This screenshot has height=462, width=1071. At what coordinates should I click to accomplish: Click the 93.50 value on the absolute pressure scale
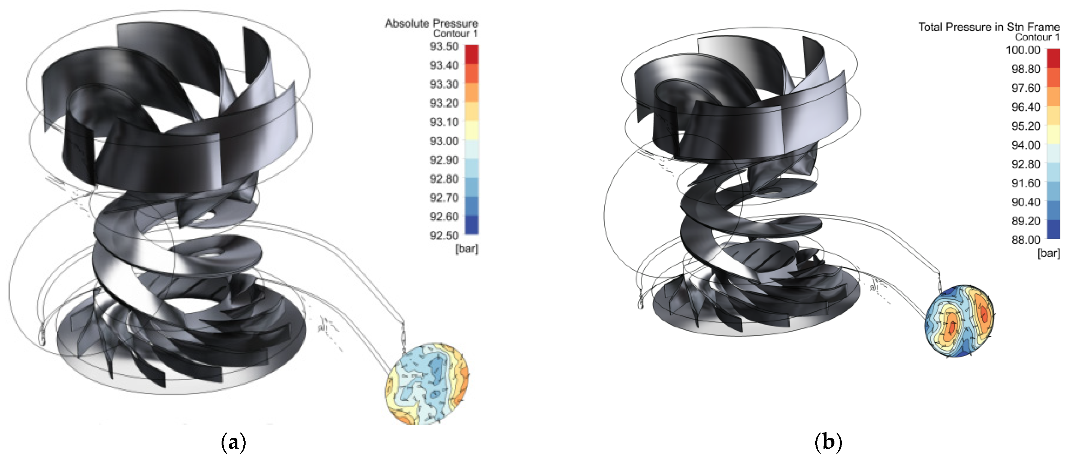[x=444, y=46]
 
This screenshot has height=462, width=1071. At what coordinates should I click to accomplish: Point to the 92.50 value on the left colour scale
[x=444, y=236]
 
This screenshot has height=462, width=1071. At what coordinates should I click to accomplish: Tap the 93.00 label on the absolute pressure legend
[x=444, y=141]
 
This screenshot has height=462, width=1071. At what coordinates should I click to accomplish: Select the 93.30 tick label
[x=444, y=84]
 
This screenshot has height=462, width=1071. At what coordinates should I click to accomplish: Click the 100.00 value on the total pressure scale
[x=1023, y=50]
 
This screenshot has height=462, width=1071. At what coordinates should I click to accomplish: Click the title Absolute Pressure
[x=432, y=23]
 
